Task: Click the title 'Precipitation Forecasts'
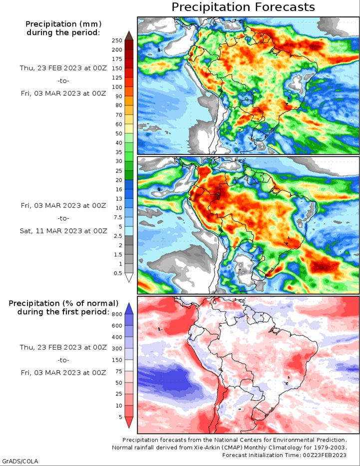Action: click(243, 7)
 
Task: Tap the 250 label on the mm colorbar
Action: click(117, 41)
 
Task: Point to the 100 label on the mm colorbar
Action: click(117, 87)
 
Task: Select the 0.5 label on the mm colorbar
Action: click(118, 273)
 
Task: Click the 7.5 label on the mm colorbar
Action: click(118, 217)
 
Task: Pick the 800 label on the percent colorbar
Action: click(117, 315)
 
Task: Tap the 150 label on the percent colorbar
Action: click(117, 360)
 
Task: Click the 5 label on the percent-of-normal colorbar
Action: click(120, 417)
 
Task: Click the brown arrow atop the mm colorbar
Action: click(129, 35)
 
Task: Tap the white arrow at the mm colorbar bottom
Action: click(129, 277)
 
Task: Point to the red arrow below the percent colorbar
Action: click(129, 423)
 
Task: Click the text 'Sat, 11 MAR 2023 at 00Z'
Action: click(63, 231)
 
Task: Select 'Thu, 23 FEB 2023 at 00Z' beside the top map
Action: click(63, 68)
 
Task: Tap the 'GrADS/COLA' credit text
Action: click(20, 462)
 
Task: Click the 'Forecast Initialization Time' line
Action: click(284, 455)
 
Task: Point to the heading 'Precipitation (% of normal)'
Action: click(63, 304)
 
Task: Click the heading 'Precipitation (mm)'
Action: click(63, 24)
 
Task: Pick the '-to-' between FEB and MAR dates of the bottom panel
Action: click(63, 360)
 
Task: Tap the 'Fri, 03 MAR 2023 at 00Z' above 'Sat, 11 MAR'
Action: click(63, 205)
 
